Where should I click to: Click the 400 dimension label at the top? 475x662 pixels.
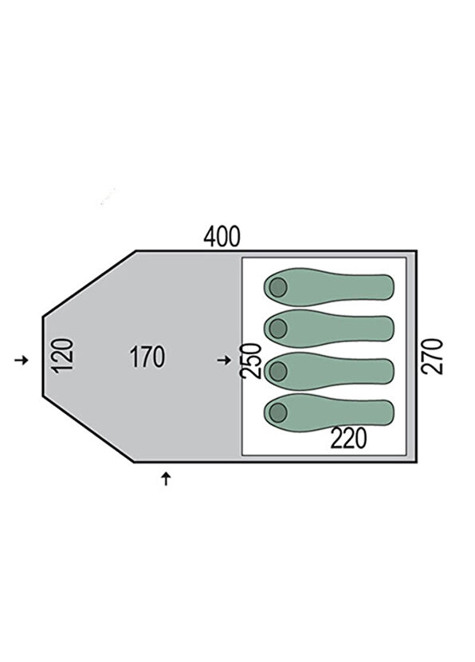coord(222,237)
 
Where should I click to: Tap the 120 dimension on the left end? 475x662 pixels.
coord(64,356)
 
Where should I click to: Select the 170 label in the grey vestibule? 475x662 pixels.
coord(147,357)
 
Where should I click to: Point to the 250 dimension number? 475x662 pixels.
coord(250,361)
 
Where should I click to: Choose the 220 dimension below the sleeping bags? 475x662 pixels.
coord(348,438)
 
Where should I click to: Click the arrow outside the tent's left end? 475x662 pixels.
coord(21,361)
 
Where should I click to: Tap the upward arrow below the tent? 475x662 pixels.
coord(167,479)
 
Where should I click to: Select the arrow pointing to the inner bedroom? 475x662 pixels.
coord(224,361)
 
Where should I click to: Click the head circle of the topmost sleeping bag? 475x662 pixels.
coord(278,287)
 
